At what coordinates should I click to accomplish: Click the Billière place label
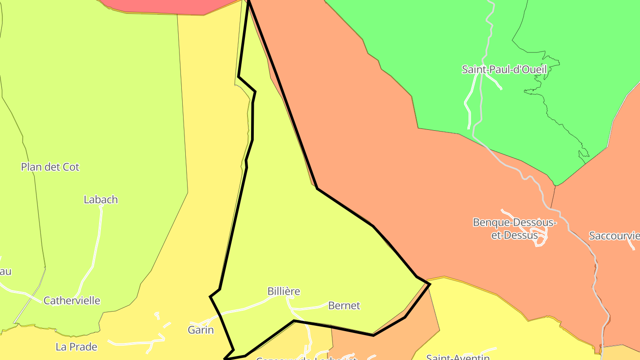284,292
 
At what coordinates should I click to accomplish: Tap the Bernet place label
344,306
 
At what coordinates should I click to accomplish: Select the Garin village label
200,330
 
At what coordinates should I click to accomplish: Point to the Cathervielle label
72,301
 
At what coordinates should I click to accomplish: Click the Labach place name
101,200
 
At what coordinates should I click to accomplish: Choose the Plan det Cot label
50,167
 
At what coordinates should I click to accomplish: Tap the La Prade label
76,347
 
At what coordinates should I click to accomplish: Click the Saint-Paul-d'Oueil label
504,70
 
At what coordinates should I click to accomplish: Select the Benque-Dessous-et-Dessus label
514,228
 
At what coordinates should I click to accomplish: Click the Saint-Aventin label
458,357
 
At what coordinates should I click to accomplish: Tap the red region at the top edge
160,5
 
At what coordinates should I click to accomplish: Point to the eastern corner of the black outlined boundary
429,284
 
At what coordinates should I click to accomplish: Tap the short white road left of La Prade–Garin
133,343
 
